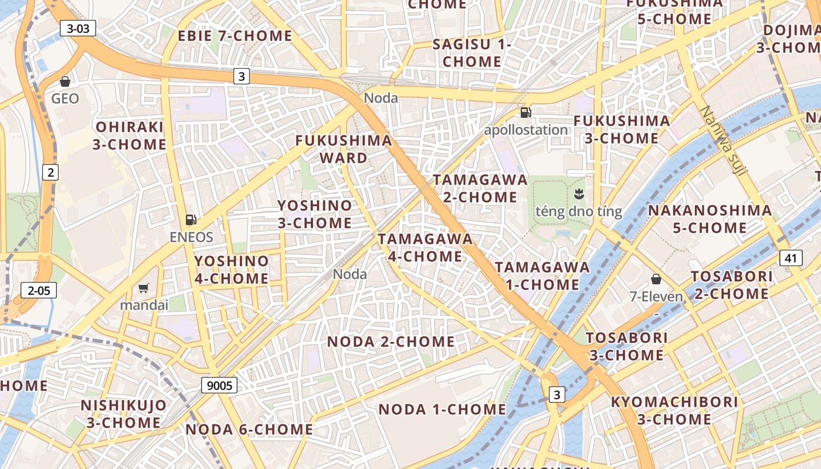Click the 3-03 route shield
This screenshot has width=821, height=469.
(77, 28)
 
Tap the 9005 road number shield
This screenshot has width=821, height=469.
(219, 385)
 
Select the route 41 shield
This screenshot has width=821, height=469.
(791, 257)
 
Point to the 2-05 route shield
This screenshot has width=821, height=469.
(39, 290)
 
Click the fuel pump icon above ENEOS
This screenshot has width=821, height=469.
(191, 220)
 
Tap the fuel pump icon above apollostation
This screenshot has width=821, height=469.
(526, 113)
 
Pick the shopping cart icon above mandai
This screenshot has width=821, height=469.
(144, 288)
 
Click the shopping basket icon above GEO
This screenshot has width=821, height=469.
(65, 81)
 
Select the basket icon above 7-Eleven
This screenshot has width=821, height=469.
(656, 279)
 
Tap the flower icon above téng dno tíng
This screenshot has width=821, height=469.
(579, 193)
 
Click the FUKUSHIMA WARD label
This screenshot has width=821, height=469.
(344, 149)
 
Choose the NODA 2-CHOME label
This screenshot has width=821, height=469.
(391, 341)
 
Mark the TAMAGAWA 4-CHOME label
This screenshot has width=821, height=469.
(425, 247)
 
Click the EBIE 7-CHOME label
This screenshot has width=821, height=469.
(235, 36)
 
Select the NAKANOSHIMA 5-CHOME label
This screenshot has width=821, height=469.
(710, 219)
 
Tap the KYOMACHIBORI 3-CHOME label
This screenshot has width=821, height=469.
(674, 410)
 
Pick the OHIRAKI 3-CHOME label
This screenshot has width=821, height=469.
(129, 135)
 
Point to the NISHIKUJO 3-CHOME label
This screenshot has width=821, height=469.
(124, 414)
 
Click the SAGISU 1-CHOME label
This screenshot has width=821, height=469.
(472, 53)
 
